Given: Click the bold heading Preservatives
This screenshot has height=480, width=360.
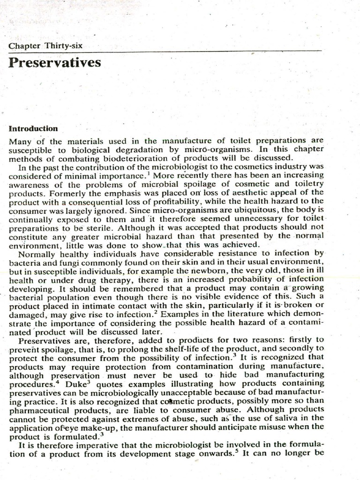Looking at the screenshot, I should coord(54,62).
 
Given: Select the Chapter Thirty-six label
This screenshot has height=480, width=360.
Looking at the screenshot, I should coord(45,45).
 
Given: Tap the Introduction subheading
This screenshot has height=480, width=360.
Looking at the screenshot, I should coord(33,128).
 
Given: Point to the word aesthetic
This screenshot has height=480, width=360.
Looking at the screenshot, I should coord(258,191).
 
